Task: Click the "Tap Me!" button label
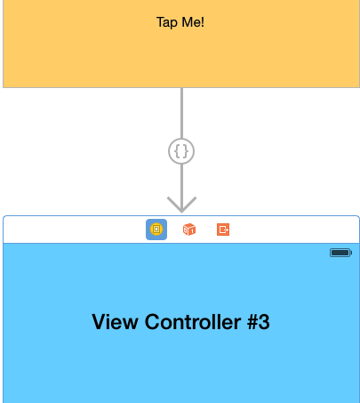pyautogui.click(x=180, y=21)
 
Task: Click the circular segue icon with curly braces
pyautogui.click(x=181, y=151)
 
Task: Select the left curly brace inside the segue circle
pyautogui.click(x=177, y=151)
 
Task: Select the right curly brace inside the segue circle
pyautogui.click(x=186, y=151)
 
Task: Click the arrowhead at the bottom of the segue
pyautogui.click(x=181, y=206)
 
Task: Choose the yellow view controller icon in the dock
pyautogui.click(x=156, y=230)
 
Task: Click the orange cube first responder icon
pyautogui.click(x=188, y=230)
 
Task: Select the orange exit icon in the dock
pyautogui.click(x=223, y=230)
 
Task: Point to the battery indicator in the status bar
pyautogui.click(x=340, y=254)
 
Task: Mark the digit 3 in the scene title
pyautogui.click(x=263, y=322)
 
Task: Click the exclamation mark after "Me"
pyautogui.click(x=203, y=21)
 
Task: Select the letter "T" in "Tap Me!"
pyautogui.click(x=160, y=21)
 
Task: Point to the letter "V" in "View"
pyautogui.click(x=99, y=322)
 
